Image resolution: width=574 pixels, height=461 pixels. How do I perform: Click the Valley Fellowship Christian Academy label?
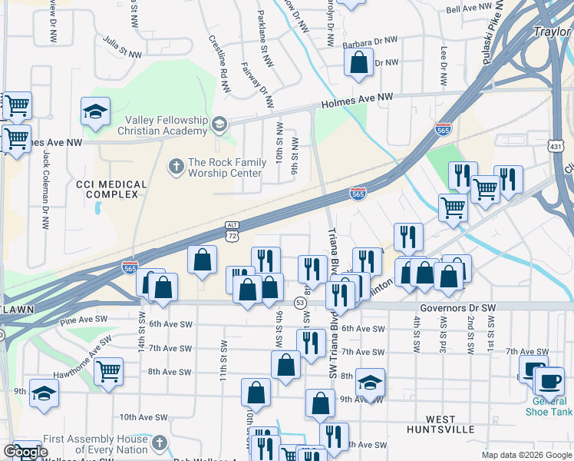[x=163, y=125]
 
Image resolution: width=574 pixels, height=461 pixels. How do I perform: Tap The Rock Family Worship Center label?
[x=225, y=167]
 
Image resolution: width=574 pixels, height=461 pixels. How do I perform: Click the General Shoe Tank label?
[x=552, y=406]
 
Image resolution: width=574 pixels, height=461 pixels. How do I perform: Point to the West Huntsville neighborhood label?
[x=451, y=424]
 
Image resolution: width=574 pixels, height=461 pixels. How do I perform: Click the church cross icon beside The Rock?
[x=176, y=164]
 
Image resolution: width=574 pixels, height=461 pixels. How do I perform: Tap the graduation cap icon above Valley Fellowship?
[x=95, y=112]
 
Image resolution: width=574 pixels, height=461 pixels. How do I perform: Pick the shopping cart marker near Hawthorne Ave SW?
[x=109, y=372]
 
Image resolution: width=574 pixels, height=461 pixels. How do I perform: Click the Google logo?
[x=25, y=452]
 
